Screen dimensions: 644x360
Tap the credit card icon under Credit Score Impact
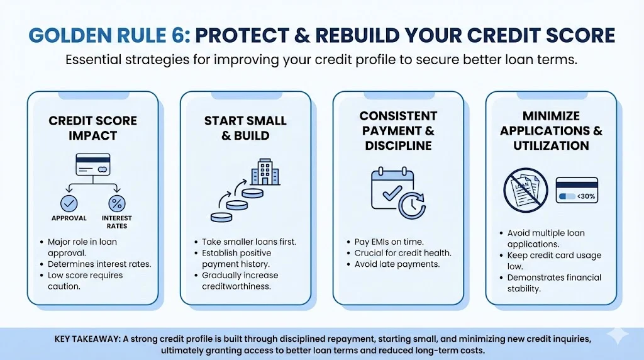(93, 165)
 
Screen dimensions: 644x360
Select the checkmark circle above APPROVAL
(69, 203)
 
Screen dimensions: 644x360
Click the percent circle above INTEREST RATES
(117, 203)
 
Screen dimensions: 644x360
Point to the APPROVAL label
(69, 218)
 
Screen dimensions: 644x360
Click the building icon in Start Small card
(265, 172)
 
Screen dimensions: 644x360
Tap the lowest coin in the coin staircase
(221, 217)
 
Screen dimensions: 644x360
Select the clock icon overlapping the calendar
(412, 205)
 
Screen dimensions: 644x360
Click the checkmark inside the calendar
(392, 192)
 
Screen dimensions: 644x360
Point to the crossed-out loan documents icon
(526, 190)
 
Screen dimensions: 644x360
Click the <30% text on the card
(586, 196)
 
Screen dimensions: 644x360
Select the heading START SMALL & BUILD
(246, 128)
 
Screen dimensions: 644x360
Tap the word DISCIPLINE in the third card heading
(398, 145)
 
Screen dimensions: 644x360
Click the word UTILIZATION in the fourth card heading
(551, 145)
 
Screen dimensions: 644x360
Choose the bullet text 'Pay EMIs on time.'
(389, 242)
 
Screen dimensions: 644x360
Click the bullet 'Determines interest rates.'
(99, 264)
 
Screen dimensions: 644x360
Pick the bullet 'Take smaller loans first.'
(249, 242)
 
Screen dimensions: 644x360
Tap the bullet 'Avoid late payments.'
(397, 264)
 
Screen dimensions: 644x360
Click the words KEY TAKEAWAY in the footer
(87, 339)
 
